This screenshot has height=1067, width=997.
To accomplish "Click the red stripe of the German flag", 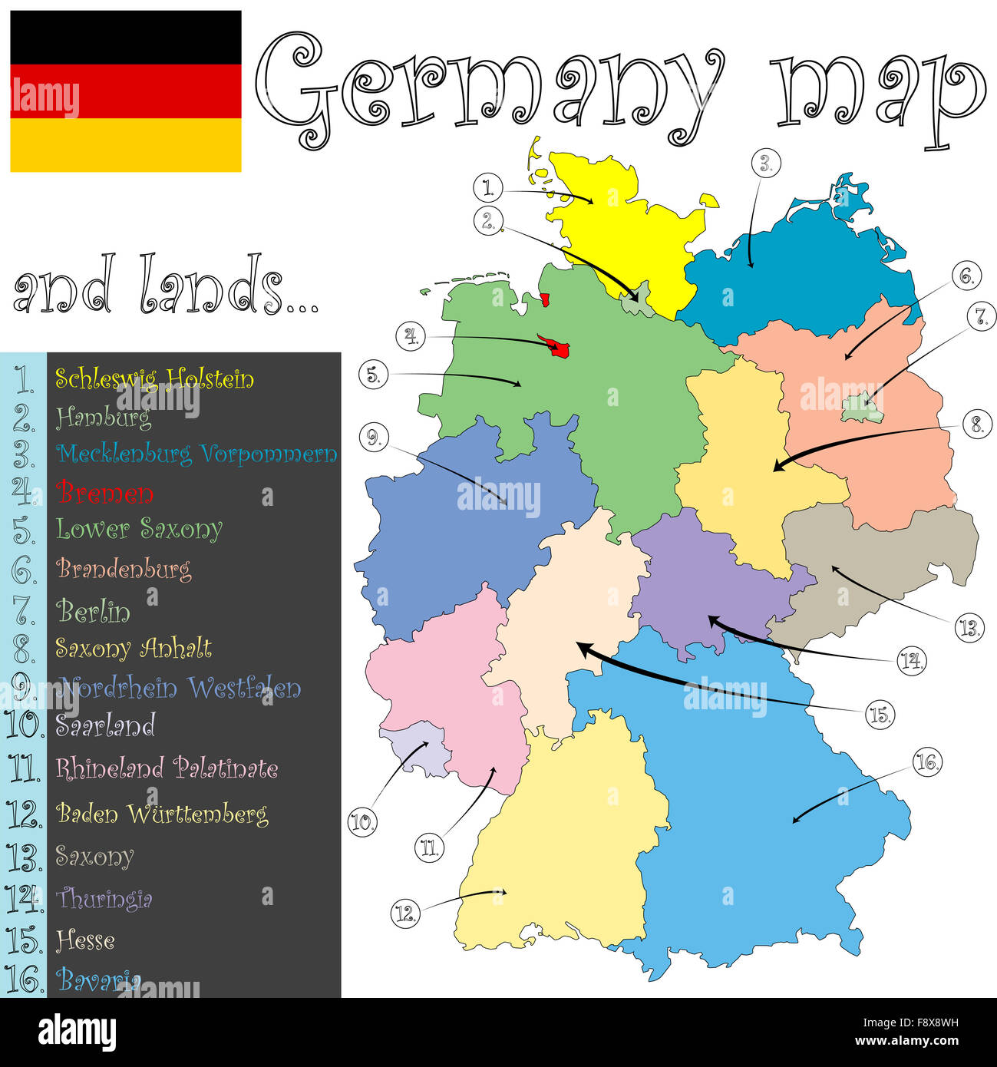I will (x=126, y=91).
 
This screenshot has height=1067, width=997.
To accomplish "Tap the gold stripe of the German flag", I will (x=126, y=144).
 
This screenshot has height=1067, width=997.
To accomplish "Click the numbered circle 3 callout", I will (x=765, y=164).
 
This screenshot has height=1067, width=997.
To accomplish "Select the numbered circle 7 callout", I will (x=980, y=315).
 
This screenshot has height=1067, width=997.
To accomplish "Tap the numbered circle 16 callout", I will (x=927, y=761).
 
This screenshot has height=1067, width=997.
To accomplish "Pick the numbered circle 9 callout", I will (x=374, y=437).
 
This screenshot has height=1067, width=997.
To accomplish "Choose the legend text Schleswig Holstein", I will (x=154, y=378).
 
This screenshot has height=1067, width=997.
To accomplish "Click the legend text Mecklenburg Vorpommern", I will (x=197, y=454).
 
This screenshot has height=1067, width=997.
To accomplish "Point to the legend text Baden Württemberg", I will (x=162, y=813).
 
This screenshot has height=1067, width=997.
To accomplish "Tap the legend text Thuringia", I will (x=104, y=898).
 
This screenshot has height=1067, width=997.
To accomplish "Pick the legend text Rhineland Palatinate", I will (x=167, y=768).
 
